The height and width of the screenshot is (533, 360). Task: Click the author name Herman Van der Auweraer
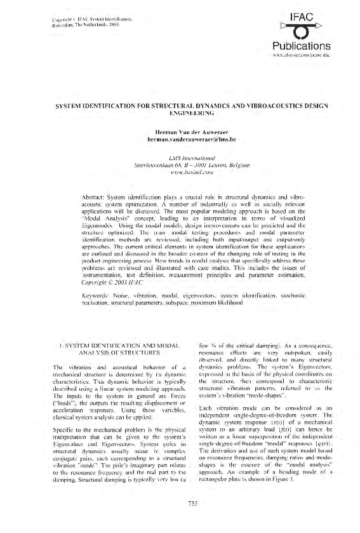(180, 131)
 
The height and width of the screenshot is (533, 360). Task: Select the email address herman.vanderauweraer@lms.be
(180, 138)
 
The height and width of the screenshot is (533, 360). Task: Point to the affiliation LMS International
(180, 155)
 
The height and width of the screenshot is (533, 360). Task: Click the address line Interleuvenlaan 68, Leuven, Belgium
(180, 162)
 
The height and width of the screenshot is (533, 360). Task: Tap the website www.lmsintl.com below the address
(180, 169)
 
